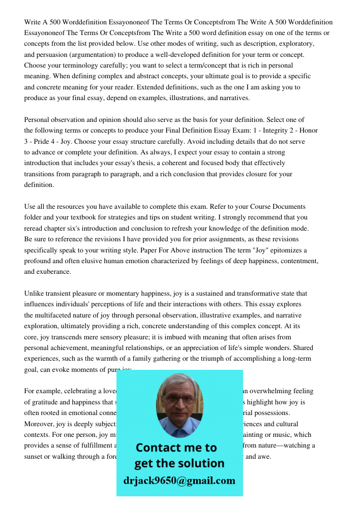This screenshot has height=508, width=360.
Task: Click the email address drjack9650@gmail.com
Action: (179, 481)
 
